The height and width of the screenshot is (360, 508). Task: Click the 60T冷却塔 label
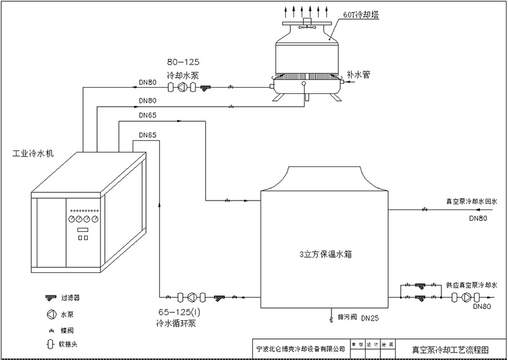[361, 14]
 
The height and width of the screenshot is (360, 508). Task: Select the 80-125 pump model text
[182, 62]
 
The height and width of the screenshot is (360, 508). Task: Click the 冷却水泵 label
[183, 74]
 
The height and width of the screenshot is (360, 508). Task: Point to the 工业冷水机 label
[33, 154]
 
